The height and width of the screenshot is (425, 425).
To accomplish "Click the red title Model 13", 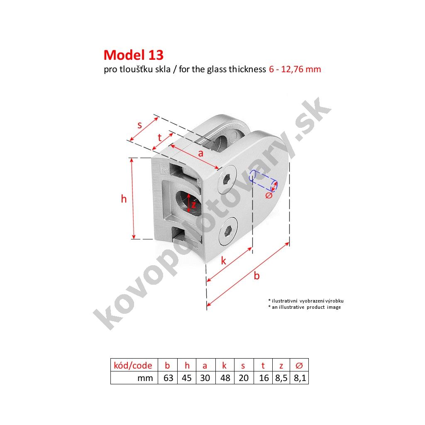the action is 134,55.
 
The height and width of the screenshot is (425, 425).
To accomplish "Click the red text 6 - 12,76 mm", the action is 295,69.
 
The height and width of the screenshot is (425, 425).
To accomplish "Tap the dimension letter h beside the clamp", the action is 124,199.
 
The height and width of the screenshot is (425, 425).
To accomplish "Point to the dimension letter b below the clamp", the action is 256,276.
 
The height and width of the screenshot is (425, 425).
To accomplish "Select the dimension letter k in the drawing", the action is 223,261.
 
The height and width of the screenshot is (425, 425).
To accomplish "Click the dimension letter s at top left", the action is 139,125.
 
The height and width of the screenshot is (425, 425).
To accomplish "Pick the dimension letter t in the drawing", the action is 160,137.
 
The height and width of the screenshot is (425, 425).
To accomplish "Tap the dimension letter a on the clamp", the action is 200,154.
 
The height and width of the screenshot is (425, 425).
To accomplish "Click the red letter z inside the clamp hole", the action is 193,204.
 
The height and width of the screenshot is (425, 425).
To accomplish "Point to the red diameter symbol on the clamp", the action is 269,195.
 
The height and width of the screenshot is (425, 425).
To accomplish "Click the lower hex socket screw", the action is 228,231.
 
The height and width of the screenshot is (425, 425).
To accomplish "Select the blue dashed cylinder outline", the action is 263,181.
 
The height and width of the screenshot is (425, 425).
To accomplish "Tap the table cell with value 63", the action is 168,378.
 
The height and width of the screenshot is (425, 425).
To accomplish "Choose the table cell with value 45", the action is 187,378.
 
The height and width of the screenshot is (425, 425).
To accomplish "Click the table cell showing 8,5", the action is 281,378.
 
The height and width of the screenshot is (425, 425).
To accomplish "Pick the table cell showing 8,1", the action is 300,378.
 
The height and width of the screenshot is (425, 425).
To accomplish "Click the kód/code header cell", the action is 134,365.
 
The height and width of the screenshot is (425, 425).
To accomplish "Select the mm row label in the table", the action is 145,378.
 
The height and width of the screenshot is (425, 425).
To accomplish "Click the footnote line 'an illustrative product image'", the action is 304,307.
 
